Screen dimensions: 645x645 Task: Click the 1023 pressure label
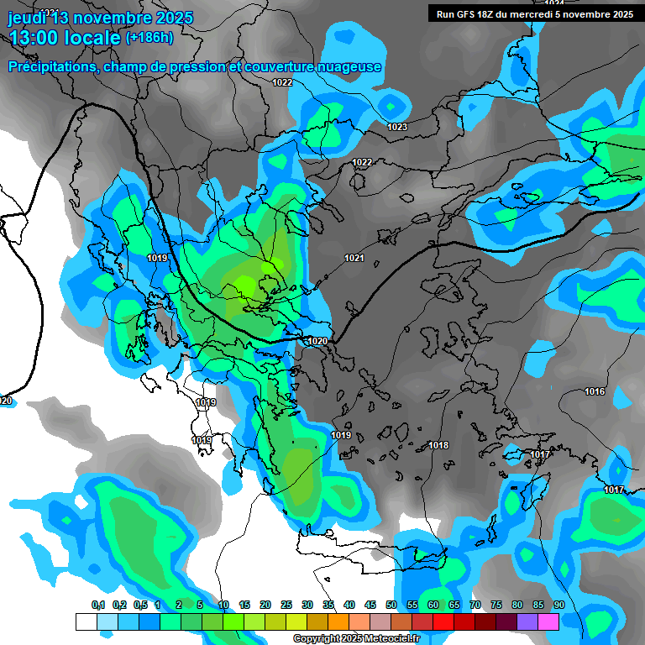coord(397,127)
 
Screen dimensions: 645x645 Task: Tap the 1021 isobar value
coord(354,258)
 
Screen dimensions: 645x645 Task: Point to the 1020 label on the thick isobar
coord(317,341)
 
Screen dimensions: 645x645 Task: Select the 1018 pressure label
coord(438,445)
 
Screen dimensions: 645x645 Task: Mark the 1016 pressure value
coord(595,392)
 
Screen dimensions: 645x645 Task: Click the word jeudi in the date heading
coord(29,18)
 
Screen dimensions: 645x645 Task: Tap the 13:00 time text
coord(38,38)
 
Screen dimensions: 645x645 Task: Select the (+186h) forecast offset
coord(149,38)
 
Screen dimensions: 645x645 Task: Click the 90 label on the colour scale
coord(558,605)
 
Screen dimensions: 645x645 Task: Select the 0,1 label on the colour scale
coord(97,605)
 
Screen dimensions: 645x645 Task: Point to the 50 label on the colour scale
coord(391,605)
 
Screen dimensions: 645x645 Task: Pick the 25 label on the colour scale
coord(286,605)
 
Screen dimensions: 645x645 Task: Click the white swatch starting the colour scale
coord(86,621)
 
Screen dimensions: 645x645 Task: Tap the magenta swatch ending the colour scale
coord(548,621)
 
